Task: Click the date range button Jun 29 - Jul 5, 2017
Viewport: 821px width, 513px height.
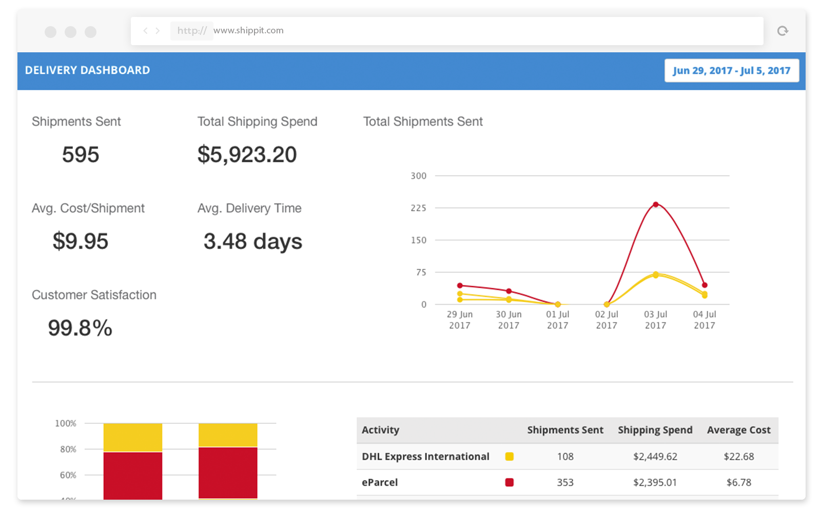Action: click(x=731, y=71)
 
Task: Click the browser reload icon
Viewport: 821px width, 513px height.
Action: click(x=783, y=31)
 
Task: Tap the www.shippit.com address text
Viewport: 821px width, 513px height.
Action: click(x=248, y=31)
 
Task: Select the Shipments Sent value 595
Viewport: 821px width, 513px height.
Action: click(x=81, y=154)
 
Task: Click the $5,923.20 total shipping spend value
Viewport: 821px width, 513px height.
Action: click(x=247, y=154)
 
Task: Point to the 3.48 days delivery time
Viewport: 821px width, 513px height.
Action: click(x=252, y=241)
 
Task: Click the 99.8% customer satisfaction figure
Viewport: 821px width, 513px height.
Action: click(x=80, y=328)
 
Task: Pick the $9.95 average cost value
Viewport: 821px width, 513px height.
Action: click(x=81, y=241)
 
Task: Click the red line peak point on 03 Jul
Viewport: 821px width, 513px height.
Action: click(x=655, y=204)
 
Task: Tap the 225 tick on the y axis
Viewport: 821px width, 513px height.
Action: click(x=418, y=208)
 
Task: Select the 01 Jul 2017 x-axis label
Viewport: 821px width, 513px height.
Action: click(x=557, y=320)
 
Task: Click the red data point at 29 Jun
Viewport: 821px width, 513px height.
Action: click(x=460, y=285)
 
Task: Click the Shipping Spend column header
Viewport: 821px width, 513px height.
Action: click(x=655, y=430)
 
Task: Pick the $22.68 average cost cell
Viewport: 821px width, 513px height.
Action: click(x=738, y=457)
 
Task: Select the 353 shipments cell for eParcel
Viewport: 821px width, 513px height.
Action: click(x=565, y=482)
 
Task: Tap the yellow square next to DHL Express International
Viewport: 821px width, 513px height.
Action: click(x=509, y=457)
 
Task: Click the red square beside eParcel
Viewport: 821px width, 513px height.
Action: click(x=509, y=482)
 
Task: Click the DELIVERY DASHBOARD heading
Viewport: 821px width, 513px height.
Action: click(x=87, y=70)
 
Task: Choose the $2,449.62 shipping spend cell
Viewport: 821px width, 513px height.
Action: click(x=655, y=457)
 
